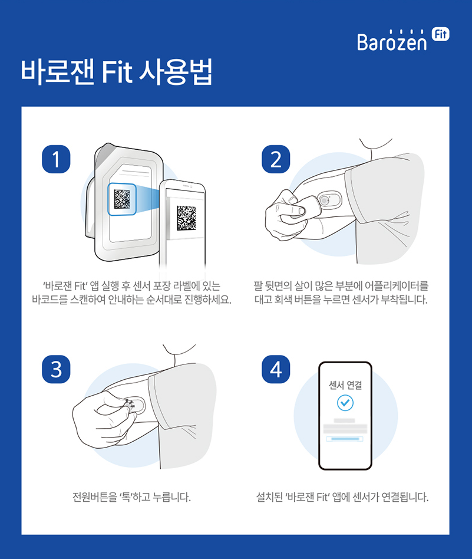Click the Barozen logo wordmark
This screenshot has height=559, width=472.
click(392, 42)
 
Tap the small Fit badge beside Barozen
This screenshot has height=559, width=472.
click(440, 34)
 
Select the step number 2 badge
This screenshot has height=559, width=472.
click(275, 159)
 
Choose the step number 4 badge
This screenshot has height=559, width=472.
click(275, 370)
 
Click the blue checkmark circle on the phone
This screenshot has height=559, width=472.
click(345, 403)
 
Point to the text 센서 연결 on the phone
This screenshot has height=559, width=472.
click(345, 386)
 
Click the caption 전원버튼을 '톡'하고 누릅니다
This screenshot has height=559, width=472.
click(131, 496)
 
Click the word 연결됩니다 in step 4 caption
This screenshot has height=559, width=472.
click(404, 496)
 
